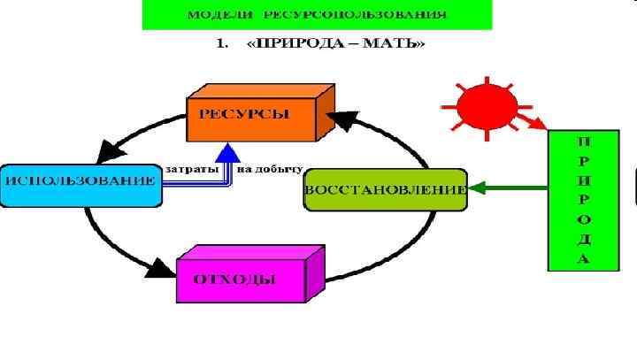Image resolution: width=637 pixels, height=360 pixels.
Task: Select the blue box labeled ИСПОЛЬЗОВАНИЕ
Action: click(x=81, y=181)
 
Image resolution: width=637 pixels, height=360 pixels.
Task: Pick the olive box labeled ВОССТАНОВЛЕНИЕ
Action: click(x=385, y=189)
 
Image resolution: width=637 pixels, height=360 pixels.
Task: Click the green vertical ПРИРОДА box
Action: click(x=583, y=200)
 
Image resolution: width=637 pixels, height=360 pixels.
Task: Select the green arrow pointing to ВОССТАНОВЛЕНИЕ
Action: click(x=508, y=188)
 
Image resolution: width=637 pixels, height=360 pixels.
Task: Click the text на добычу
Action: click(x=269, y=168)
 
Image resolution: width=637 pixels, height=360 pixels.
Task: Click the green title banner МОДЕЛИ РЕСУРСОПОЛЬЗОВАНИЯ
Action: click(x=317, y=16)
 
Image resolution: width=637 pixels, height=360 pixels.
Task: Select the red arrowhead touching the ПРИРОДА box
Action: click(x=539, y=125)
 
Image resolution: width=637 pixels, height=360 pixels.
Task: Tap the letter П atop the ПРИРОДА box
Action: click(x=583, y=141)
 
